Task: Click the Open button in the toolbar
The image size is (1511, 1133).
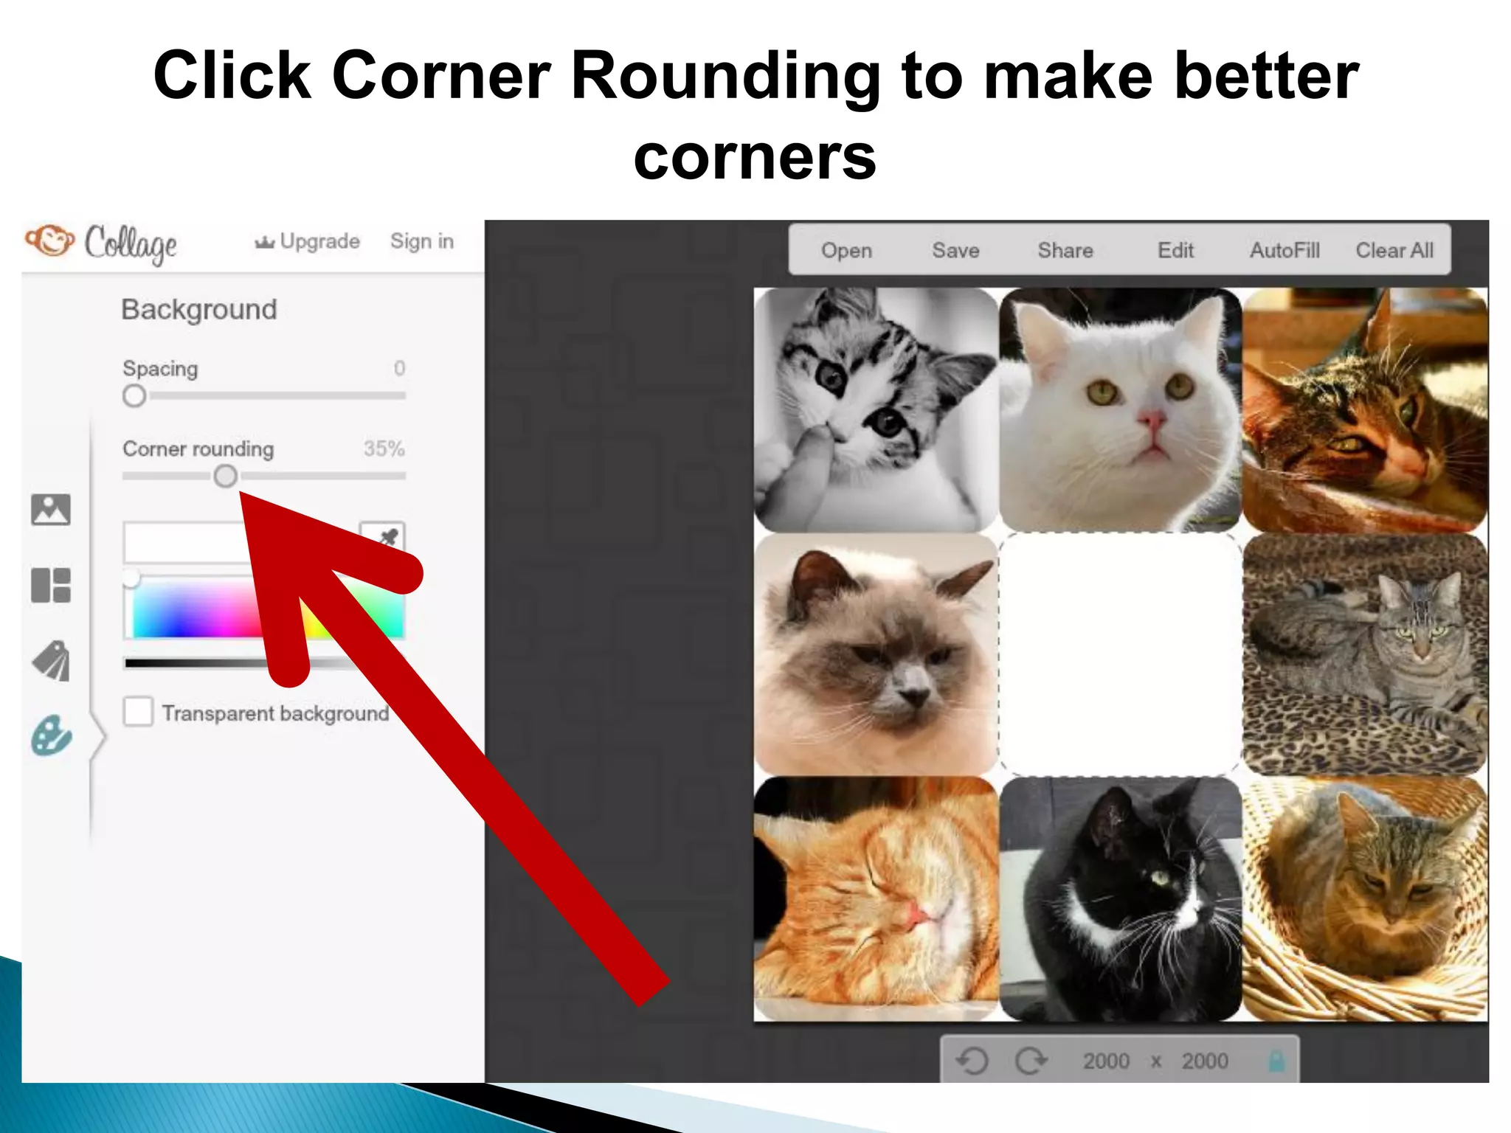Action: pyautogui.click(x=846, y=251)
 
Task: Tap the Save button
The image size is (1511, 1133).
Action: pyautogui.click(x=955, y=251)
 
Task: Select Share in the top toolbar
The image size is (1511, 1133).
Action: pyautogui.click(x=1065, y=251)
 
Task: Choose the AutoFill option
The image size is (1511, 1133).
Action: pyautogui.click(x=1284, y=251)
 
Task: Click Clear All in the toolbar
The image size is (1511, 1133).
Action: pyautogui.click(x=1394, y=251)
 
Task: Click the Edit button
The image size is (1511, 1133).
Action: pyautogui.click(x=1175, y=251)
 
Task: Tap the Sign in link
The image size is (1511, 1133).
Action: pyautogui.click(x=421, y=241)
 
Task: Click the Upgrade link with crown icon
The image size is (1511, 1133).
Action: pyautogui.click(x=308, y=241)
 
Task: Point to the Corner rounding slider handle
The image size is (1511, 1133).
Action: pyautogui.click(x=226, y=476)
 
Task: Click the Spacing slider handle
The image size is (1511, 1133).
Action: pyautogui.click(x=134, y=396)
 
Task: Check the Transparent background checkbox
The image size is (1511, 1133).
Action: pyautogui.click(x=139, y=712)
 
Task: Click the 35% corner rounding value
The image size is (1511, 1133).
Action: pyautogui.click(x=384, y=448)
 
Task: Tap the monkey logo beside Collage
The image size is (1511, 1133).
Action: pyautogui.click(x=50, y=240)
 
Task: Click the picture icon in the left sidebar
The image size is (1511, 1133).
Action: pyautogui.click(x=51, y=510)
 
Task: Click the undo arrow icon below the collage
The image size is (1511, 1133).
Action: pyautogui.click(x=972, y=1061)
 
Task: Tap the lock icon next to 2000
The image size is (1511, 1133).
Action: pyautogui.click(x=1276, y=1061)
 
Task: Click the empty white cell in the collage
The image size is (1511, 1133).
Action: pyautogui.click(x=1120, y=654)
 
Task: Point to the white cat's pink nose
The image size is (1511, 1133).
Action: pyautogui.click(x=1150, y=421)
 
